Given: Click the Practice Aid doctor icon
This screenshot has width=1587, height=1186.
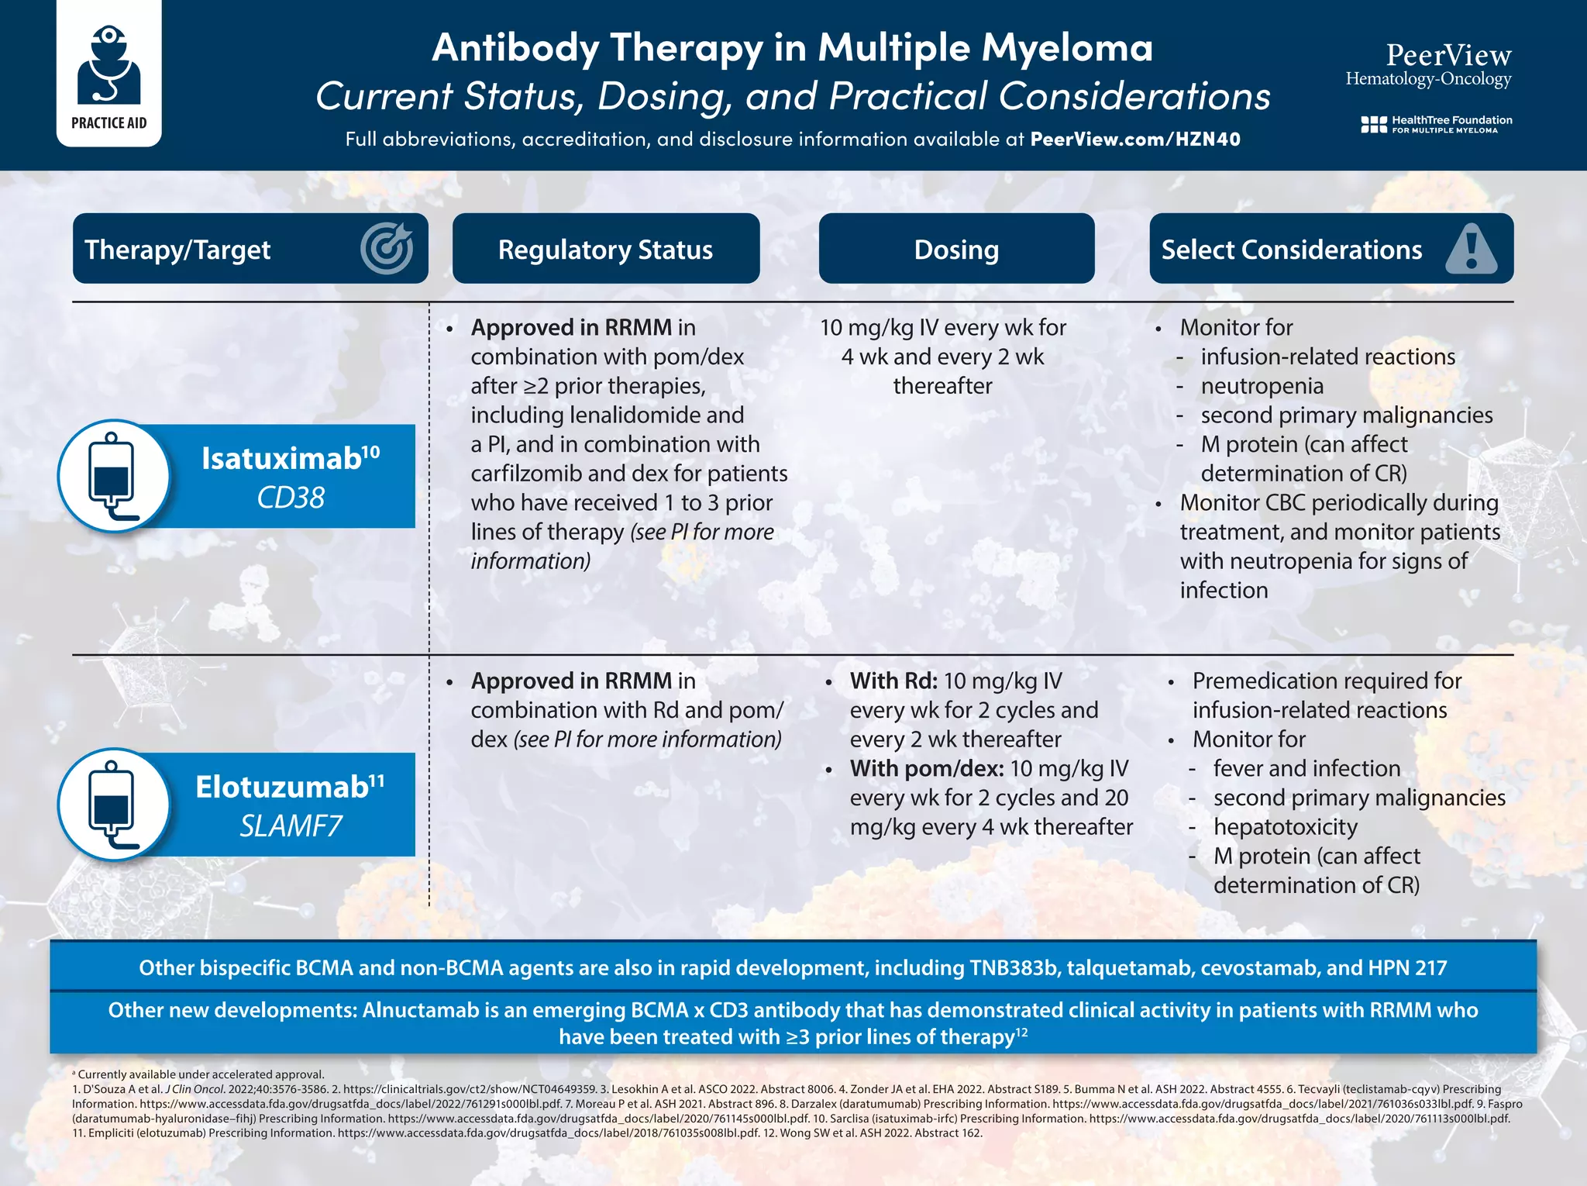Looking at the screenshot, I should pos(109,66).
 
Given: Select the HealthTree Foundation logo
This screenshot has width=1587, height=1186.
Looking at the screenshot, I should pos(1436,124).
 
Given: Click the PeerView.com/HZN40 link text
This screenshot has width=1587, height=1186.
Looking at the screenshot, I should pos(1134,140).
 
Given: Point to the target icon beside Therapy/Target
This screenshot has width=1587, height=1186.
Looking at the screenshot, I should pos(386,249).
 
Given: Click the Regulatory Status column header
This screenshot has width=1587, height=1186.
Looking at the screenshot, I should pos(605,249).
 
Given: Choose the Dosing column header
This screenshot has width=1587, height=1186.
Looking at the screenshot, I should pos(956,249).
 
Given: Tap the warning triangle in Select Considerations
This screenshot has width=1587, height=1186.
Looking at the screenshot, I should pos(1471,249).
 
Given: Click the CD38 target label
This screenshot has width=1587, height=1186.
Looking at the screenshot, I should pos(291,498).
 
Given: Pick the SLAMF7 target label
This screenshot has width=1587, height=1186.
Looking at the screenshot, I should pos(291,826).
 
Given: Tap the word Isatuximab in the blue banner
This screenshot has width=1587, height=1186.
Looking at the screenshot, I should pos(281,459).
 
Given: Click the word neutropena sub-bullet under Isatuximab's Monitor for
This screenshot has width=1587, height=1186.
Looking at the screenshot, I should pos(1262,386).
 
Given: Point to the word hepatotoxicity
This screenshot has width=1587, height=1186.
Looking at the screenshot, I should pos(1285,827).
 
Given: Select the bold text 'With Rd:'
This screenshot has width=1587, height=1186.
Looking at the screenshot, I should pos(893,681).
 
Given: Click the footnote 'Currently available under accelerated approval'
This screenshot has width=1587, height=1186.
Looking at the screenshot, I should pos(201,1074).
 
